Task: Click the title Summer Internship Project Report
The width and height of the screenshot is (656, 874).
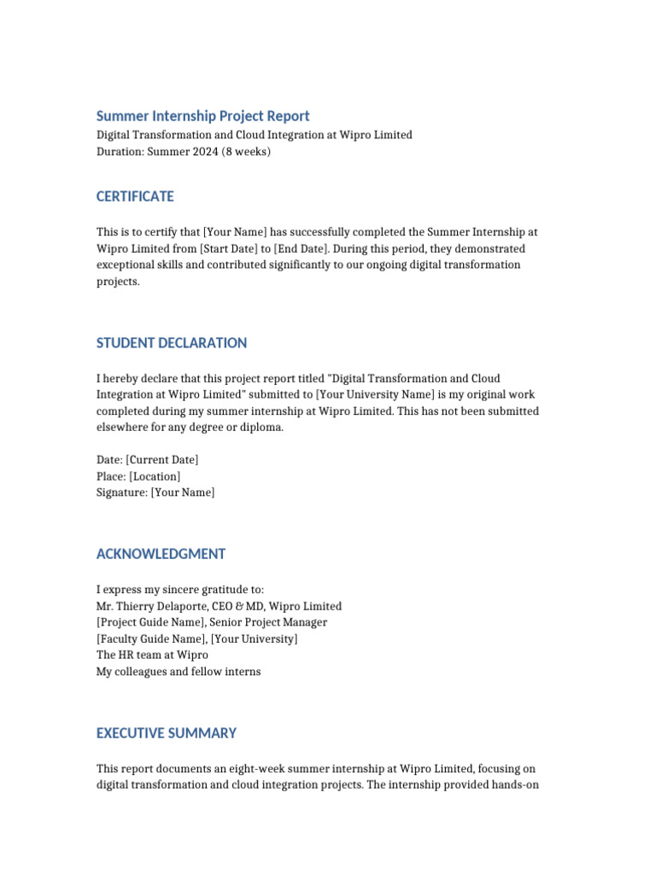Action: [202, 116]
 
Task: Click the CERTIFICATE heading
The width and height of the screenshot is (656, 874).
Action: [135, 196]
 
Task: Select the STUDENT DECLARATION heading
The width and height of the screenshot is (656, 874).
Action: [172, 343]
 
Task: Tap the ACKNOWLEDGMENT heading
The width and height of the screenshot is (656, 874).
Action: [161, 554]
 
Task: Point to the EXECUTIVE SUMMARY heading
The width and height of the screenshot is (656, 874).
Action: [167, 733]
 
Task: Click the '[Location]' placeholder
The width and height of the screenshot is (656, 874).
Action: [155, 476]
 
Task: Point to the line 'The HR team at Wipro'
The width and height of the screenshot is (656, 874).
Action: [152, 655]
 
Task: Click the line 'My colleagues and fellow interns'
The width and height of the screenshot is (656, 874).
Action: [179, 672]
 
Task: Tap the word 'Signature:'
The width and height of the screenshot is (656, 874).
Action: [121, 492]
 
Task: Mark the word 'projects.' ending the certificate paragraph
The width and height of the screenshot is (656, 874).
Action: [117, 281]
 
